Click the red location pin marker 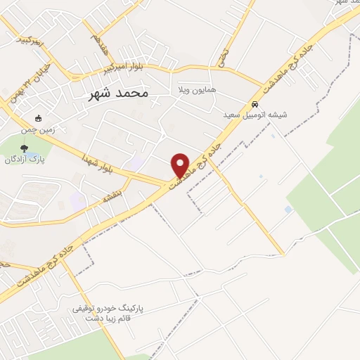181,165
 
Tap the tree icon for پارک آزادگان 25,148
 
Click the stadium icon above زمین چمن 38,118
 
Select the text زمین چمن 37,129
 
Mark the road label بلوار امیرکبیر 124,70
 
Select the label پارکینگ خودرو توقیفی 106,309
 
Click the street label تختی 224,56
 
